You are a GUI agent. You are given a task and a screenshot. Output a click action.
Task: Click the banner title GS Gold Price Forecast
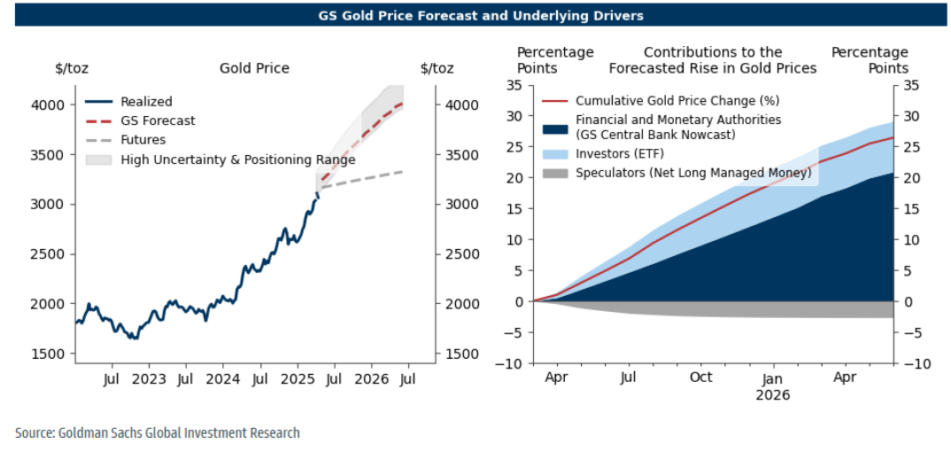481,15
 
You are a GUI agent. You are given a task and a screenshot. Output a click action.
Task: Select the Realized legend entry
146,102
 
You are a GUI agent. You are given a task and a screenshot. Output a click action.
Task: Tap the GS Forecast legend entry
158,121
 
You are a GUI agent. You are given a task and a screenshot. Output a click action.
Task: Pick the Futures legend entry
143,139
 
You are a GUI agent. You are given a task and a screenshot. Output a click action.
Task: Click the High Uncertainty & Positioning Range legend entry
237,159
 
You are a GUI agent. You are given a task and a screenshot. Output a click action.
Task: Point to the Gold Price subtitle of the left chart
254,68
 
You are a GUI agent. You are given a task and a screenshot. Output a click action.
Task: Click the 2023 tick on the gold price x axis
148,380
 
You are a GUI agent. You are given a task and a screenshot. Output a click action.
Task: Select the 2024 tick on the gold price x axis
222,380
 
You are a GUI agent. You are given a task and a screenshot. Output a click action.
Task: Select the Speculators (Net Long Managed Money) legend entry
693,173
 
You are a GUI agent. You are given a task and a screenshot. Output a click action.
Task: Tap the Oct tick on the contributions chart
700,377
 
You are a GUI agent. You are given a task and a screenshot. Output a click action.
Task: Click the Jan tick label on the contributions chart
773,377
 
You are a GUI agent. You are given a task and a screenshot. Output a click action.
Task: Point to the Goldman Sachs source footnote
158,433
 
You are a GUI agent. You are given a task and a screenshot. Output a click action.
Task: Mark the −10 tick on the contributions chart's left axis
512,363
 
